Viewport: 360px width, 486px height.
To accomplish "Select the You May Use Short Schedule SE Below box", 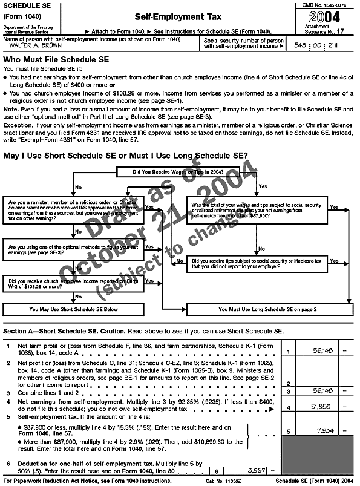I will pyautogui.click(x=73, y=309).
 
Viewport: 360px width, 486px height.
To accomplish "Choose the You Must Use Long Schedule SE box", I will pyautogui.click(x=267, y=309).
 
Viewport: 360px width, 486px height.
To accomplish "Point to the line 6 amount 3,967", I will pyautogui.click(x=252, y=470).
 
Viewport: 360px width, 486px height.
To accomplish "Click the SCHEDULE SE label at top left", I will pyautogui.click(x=24, y=4).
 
